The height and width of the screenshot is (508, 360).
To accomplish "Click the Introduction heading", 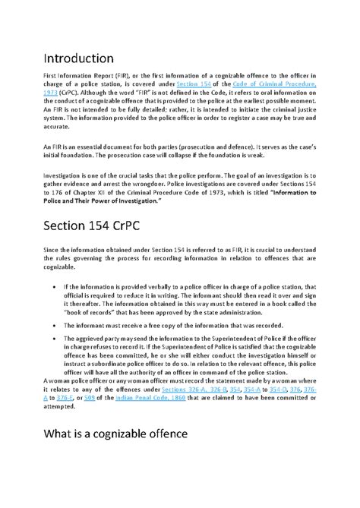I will pyautogui.click(x=79, y=58).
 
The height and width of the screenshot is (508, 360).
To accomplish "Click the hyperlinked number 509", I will pyautogui.click(x=90, y=419).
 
